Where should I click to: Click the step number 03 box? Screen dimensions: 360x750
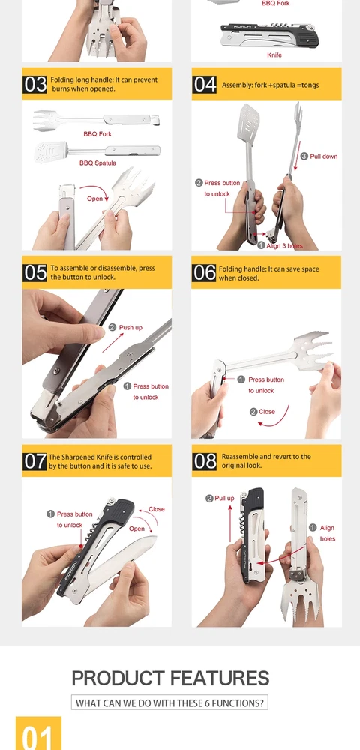(35, 84)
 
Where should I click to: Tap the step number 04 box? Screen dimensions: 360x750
(205, 84)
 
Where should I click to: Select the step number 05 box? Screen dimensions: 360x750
(35, 272)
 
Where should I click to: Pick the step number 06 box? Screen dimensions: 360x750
(204, 272)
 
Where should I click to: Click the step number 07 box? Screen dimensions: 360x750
(35, 461)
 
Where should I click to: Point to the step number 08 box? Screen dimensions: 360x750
(205, 461)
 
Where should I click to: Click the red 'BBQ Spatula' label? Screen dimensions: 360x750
(97, 163)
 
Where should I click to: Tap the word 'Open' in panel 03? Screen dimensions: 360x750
(94, 198)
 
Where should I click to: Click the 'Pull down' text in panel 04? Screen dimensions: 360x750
(324, 157)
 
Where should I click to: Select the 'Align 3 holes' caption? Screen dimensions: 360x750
(285, 245)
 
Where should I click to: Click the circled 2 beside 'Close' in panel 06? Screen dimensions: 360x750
(253, 411)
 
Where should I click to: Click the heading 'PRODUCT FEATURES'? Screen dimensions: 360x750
(170, 678)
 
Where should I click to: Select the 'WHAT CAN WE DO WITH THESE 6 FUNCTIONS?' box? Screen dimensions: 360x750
(169, 703)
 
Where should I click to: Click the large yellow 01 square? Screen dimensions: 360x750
(39, 733)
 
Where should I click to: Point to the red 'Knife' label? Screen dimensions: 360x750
(274, 55)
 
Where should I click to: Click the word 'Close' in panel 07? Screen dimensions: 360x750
(156, 509)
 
